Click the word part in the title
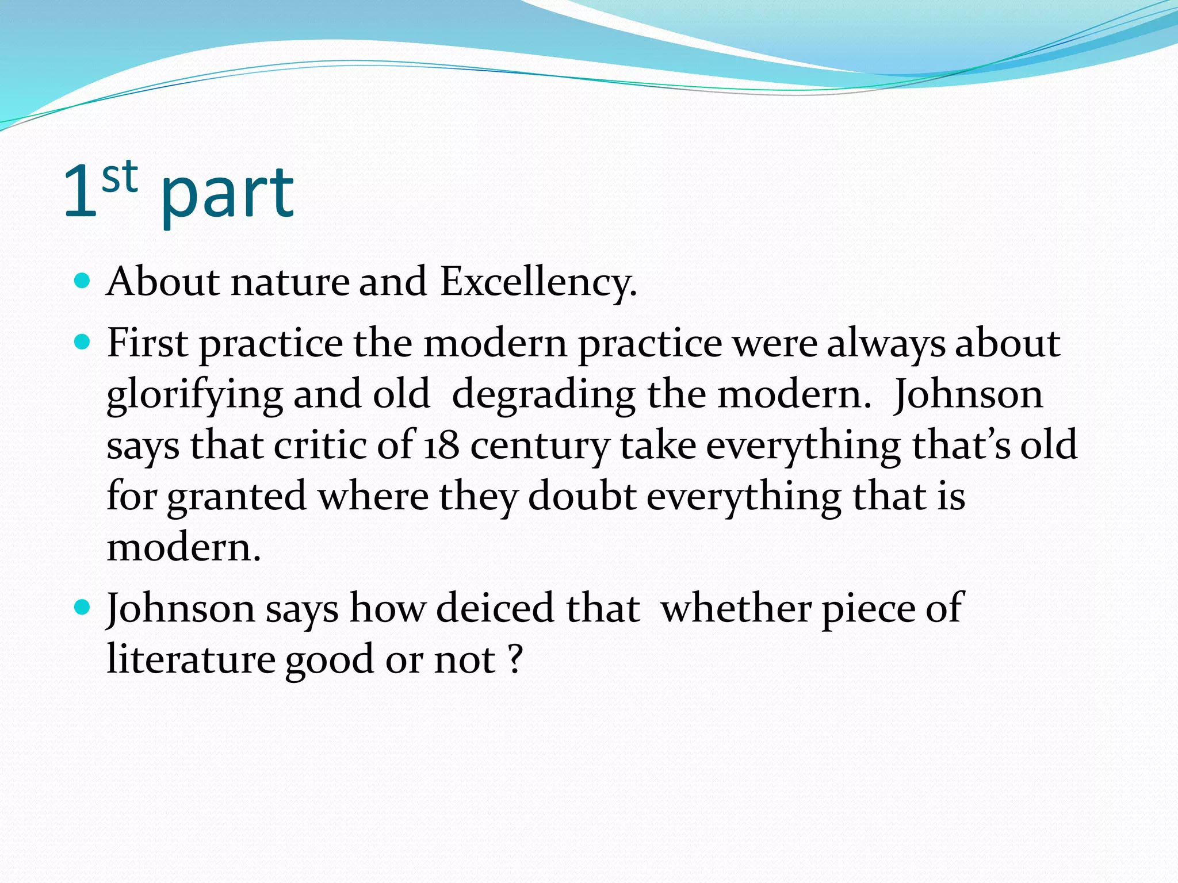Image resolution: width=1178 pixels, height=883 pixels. point(227,195)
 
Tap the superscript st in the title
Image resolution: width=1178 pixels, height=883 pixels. point(120,176)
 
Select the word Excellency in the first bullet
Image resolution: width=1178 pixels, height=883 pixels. point(538,283)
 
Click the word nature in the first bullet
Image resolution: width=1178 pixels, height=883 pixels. point(290,283)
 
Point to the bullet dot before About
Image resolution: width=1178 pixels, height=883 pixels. point(83,281)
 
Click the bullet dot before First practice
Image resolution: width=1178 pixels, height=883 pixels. point(83,343)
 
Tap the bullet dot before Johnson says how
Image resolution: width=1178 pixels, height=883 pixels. point(83,607)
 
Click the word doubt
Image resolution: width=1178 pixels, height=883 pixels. point(582,497)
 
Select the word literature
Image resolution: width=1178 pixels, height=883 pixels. point(191,659)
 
